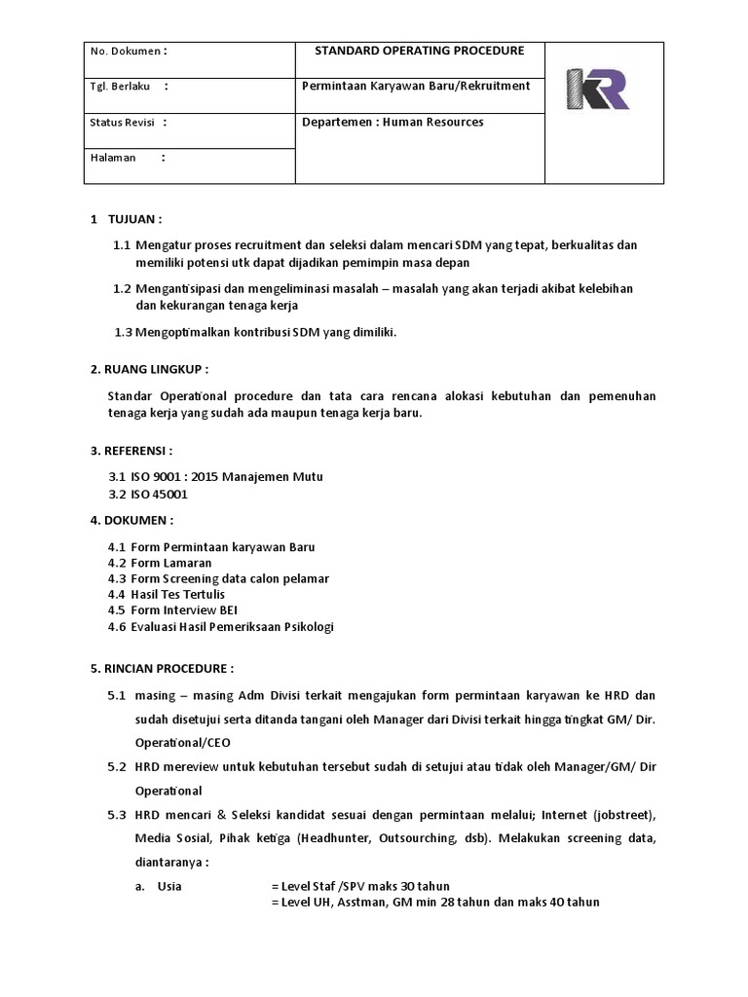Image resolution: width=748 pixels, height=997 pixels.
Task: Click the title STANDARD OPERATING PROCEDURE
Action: coord(420,51)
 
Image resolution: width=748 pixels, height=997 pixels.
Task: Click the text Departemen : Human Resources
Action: coord(393,123)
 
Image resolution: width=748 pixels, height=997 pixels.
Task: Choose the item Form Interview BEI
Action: coord(184,610)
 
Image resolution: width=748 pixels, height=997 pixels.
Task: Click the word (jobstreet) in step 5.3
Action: coord(622,813)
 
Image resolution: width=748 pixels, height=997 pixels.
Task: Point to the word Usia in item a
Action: coord(169,886)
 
